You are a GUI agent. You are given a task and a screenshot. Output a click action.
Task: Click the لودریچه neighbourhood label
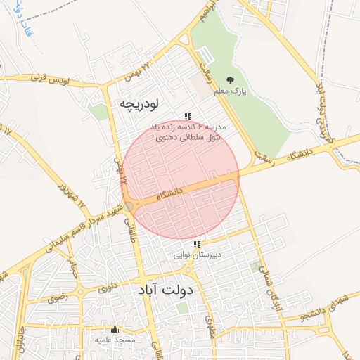[x=139, y=103]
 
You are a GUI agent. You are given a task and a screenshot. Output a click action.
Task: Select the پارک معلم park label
[x=231, y=91]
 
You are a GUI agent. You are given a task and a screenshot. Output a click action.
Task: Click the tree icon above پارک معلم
[x=231, y=80]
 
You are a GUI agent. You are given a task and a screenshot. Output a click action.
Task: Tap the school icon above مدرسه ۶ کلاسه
[x=188, y=116]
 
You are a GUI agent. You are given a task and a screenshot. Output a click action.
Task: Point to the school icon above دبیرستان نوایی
[x=196, y=244]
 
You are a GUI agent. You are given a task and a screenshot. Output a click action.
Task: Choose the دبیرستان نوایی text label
[x=198, y=255]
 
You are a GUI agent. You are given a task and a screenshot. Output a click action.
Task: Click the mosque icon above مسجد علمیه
[x=115, y=329]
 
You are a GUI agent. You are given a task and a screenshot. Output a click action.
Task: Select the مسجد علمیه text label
[x=115, y=339]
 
